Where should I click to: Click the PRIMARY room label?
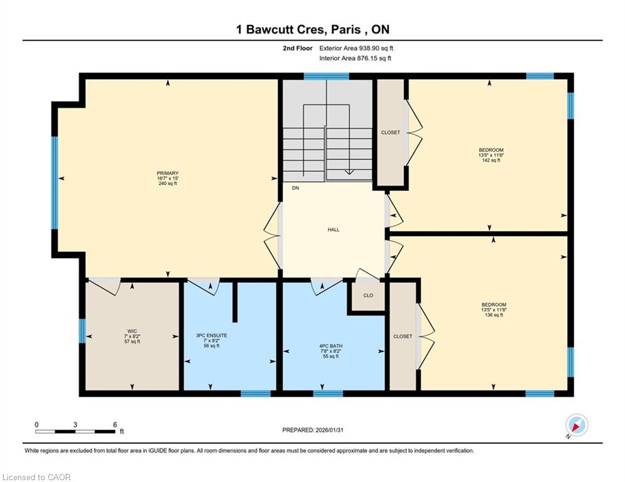[x=168, y=173]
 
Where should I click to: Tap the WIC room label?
[x=132, y=331]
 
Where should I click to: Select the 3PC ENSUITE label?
[x=212, y=336]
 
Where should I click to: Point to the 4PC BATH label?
[x=331, y=346]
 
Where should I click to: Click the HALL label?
[x=334, y=230]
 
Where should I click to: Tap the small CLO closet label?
[x=368, y=296]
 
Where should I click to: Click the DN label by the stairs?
[x=295, y=188]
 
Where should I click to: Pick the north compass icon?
[x=577, y=425]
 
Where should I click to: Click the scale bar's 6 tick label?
[x=115, y=425]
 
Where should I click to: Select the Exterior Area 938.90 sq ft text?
[x=356, y=48]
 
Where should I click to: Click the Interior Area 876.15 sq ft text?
[x=355, y=58]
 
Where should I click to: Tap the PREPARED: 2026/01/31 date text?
[x=313, y=430]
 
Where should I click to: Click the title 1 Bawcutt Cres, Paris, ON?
[x=313, y=29]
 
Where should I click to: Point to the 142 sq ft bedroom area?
[x=491, y=160]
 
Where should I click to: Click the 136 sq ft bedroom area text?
[x=494, y=314]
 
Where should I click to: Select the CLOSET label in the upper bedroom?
[x=391, y=132]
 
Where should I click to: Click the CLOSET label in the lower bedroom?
[x=403, y=336]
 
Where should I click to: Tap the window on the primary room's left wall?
[x=55, y=183]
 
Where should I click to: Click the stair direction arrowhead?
[x=349, y=172]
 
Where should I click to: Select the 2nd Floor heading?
[x=298, y=48]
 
